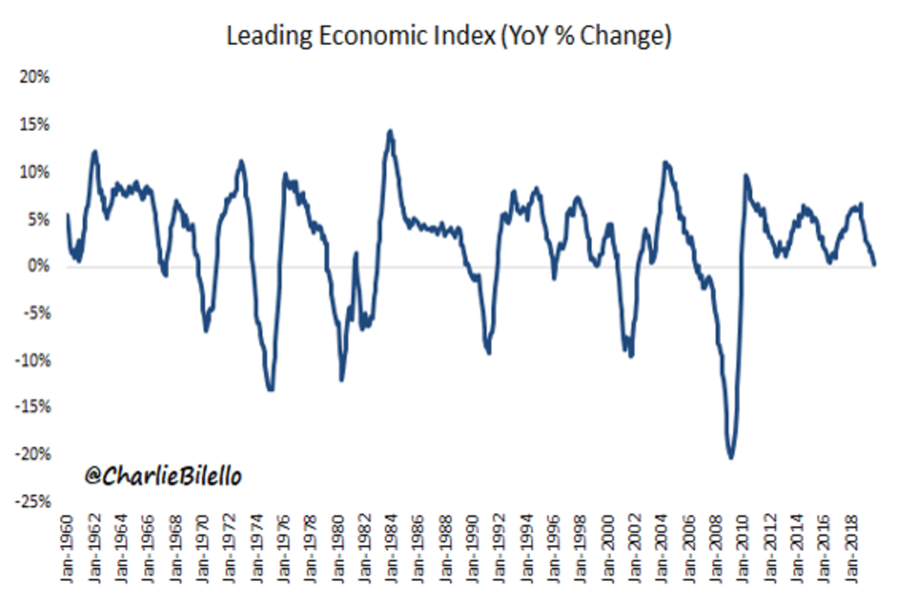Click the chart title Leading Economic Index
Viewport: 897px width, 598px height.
pos(449,35)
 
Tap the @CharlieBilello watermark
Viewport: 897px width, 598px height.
pos(163,476)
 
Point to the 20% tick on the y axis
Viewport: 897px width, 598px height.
pos(36,78)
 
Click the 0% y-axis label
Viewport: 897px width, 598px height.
pos(39,266)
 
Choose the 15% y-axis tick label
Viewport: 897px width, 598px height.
pos(36,125)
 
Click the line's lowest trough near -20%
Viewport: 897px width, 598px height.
pos(730,457)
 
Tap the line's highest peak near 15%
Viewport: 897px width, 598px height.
pos(390,132)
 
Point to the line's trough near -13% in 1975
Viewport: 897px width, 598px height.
pos(271,389)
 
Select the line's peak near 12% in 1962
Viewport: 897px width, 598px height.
pos(95,152)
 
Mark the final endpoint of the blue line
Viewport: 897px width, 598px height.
pos(875,264)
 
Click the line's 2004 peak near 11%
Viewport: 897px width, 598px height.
pos(665,162)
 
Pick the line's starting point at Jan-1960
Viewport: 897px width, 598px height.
pos(68,215)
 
